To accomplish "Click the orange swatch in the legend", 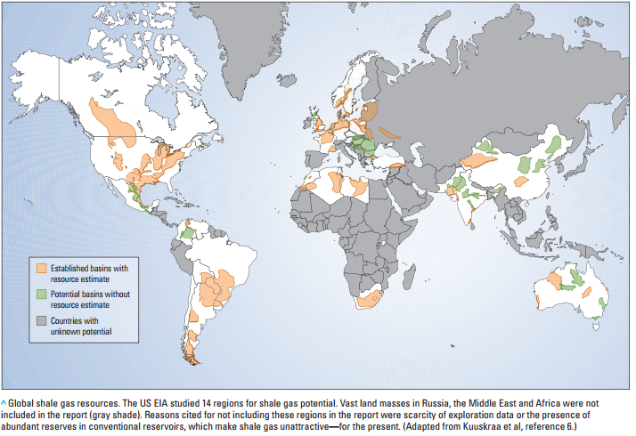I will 42,268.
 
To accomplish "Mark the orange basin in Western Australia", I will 554,282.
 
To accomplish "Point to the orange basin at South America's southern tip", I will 189,359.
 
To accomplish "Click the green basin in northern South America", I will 188,232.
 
